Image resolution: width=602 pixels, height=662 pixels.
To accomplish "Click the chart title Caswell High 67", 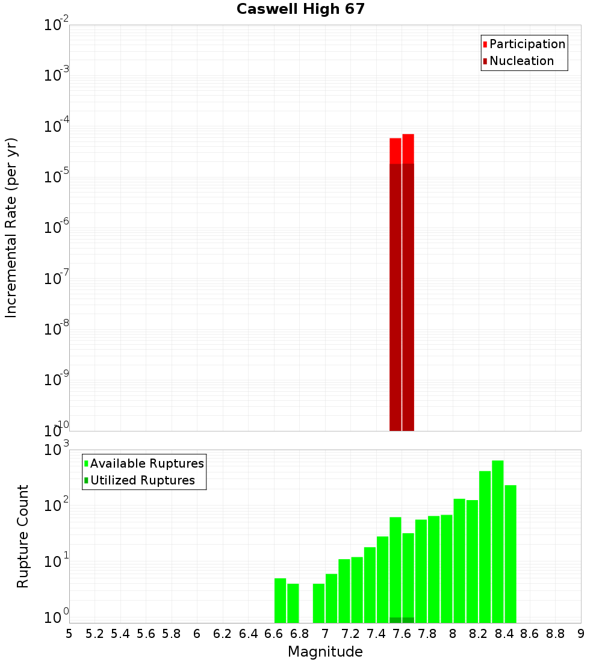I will pos(300,9).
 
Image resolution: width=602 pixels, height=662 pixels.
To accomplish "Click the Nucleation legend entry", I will pos(521,61).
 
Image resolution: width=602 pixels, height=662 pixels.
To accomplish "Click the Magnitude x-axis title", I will pos(325,652).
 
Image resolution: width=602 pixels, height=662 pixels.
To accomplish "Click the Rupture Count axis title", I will pos(23,536).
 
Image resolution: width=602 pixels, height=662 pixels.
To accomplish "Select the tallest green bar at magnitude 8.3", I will pos(497,542).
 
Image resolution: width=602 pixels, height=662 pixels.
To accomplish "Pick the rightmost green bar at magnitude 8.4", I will pos(510,554).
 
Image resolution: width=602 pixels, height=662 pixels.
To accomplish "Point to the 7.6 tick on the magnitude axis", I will pos(402,634).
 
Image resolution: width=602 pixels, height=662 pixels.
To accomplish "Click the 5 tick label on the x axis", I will pos(69,634).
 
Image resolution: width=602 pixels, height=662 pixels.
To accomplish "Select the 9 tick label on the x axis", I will pos(581,634).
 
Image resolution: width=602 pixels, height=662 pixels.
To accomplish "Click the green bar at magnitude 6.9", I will pos(318,603).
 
